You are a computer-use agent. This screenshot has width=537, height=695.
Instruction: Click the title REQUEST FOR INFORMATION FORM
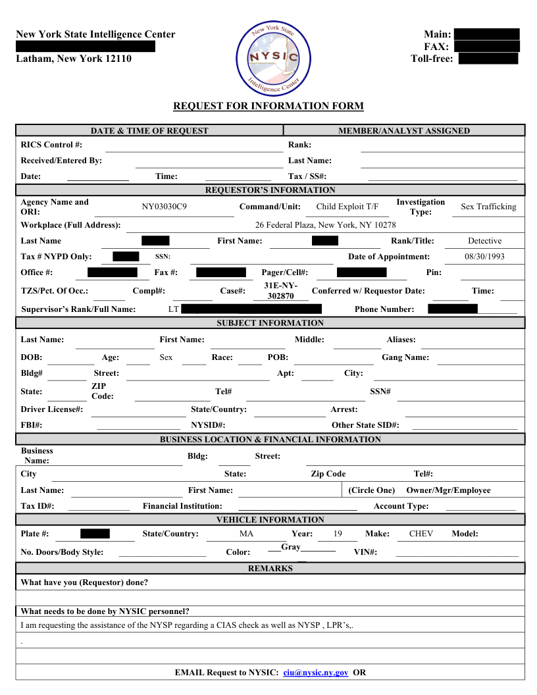[x=268, y=106]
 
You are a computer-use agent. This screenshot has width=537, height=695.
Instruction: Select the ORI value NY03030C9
[x=165, y=207]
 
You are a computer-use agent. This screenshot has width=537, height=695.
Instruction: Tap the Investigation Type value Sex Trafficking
[x=488, y=207]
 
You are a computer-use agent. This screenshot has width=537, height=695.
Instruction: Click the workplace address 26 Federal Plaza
[x=325, y=225]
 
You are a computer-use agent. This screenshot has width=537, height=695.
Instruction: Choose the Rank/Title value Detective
[x=484, y=241]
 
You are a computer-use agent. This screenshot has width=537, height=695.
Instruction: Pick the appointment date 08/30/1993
[x=484, y=257]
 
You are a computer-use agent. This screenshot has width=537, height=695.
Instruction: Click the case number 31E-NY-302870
[x=280, y=291]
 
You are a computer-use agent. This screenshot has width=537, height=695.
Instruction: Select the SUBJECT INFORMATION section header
[x=270, y=323]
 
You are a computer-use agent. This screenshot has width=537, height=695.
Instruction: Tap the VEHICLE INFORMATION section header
[x=270, y=520]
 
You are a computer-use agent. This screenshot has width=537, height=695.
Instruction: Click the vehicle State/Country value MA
[x=246, y=534]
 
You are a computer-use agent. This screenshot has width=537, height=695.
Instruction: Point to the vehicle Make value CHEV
[x=421, y=534]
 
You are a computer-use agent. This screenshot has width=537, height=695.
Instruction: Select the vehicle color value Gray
[x=291, y=547]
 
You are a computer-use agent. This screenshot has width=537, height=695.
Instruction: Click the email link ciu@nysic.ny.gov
[x=316, y=673]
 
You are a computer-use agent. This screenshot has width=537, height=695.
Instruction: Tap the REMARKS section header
[x=270, y=568]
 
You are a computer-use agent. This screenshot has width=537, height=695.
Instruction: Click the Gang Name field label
[x=405, y=357]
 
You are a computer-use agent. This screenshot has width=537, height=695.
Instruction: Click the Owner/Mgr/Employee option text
[x=448, y=490]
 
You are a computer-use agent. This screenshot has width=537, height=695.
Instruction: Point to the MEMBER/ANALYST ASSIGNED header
[x=404, y=131]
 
